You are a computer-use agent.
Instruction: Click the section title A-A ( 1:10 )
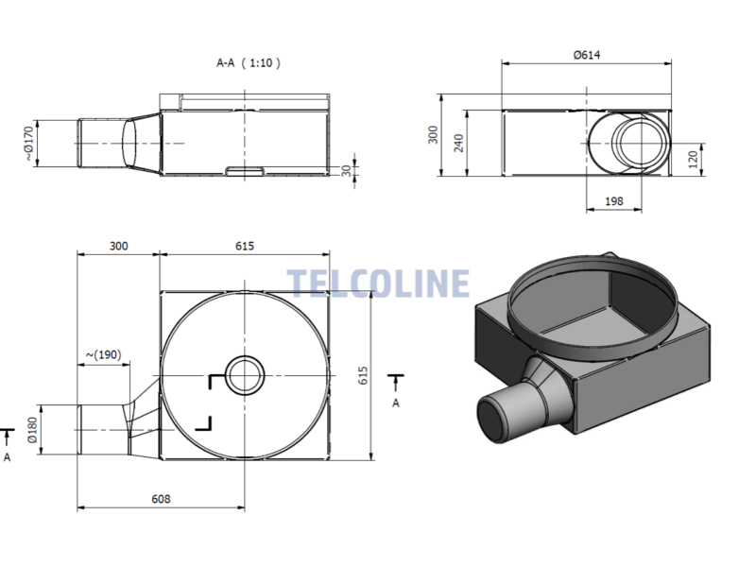[249, 63]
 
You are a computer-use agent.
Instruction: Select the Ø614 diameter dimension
[587, 55]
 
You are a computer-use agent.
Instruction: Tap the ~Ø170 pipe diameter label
[30, 144]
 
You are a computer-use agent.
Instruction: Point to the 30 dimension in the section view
[346, 170]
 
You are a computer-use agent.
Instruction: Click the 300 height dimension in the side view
[433, 134]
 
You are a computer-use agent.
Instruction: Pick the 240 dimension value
[458, 144]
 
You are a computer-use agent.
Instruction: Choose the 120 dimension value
[693, 159]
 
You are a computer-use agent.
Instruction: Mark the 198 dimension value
[613, 201]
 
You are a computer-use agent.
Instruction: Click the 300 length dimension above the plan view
[119, 246]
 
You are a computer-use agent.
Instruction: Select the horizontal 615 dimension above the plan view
[245, 246]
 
